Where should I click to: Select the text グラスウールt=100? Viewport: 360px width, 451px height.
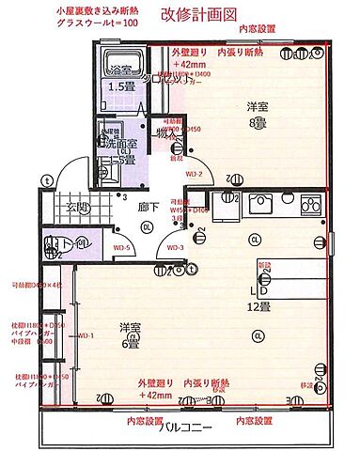tap(97, 22)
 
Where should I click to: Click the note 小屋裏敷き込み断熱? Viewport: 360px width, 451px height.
tap(98, 8)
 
